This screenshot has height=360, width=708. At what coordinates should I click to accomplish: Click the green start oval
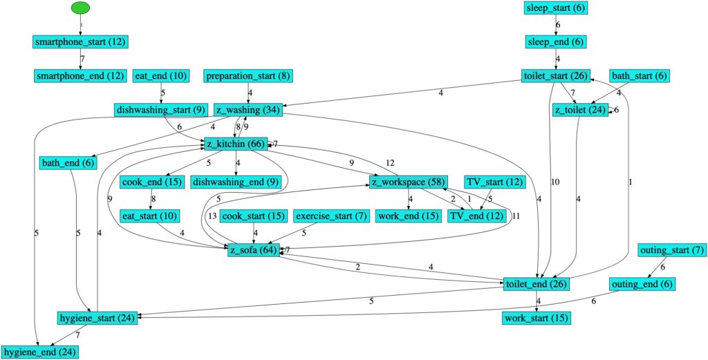coord(81,8)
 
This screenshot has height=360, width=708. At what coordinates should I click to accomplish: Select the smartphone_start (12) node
coord(81,41)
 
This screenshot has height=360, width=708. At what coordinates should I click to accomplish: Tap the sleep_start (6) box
coord(557,8)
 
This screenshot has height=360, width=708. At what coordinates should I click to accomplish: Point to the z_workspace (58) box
coord(407,182)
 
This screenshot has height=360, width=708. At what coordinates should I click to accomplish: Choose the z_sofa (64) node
coord(254,250)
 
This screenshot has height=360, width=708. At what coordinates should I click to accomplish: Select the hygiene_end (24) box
coord(39,352)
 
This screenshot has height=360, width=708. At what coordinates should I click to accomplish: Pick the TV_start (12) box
coord(495,182)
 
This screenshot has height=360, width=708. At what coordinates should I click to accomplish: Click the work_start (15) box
coord(537,319)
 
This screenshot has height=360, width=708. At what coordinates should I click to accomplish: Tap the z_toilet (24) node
coord(579,110)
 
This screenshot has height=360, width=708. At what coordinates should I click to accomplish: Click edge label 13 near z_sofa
coord(212,216)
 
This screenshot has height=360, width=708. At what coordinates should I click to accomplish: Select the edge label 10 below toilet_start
coord(554,182)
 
